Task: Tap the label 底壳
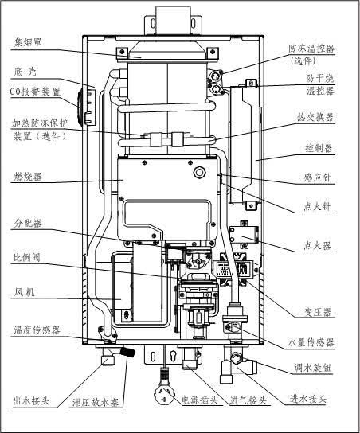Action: coord(25,72)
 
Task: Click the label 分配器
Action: coord(28,222)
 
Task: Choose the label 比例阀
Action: coord(28,258)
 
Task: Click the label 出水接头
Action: coord(32,401)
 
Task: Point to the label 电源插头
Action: coord(198,400)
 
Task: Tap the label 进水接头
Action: coord(307,400)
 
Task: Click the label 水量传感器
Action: coord(311,342)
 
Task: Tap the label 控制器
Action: coord(319,149)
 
